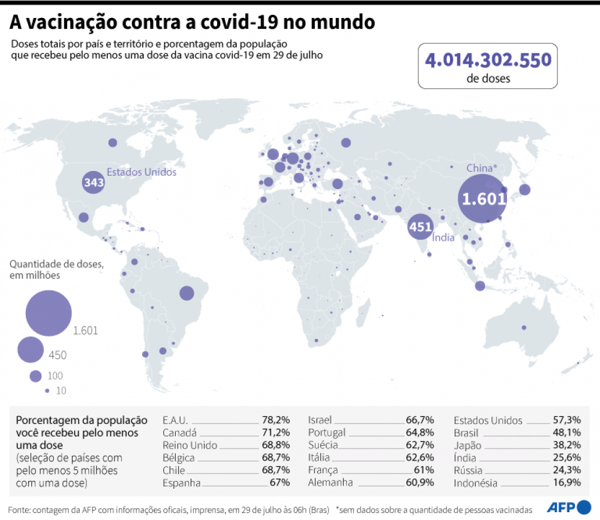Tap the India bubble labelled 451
point(420,227)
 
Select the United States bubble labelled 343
point(94,183)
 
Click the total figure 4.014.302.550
point(487,61)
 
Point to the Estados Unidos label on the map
point(142,172)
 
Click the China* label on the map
point(481,168)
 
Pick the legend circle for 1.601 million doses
point(49,312)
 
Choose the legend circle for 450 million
point(30,350)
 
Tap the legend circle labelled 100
point(35,376)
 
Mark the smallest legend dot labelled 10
point(46,390)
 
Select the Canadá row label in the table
point(179,432)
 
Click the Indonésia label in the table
point(476,483)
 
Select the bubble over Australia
point(524,327)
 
